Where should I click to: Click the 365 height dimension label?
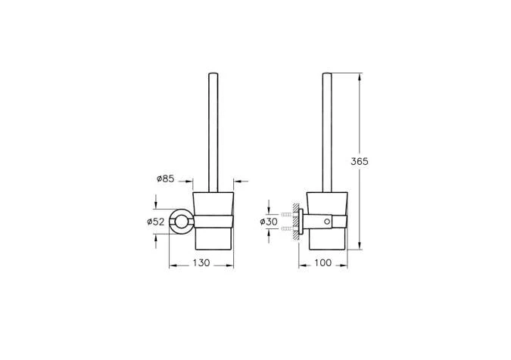point(359,161)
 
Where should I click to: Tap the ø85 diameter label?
point(166,178)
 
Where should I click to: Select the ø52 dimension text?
point(155,222)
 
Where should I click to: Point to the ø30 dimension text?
point(269,222)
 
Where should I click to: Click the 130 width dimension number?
point(201,262)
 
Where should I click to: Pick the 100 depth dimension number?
point(322,262)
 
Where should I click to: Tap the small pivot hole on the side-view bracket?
point(326,222)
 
